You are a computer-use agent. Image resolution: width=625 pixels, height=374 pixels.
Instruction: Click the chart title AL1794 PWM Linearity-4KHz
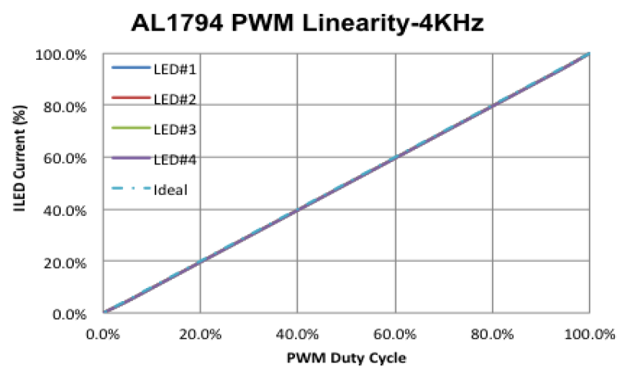(308, 24)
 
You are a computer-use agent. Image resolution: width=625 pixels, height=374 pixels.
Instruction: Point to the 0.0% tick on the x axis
(103, 333)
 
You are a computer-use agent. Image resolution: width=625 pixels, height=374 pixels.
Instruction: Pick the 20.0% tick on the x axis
(200, 333)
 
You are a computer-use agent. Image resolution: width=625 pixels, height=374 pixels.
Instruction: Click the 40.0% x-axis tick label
(298, 333)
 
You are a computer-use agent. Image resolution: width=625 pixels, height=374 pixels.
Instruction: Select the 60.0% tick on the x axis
(395, 333)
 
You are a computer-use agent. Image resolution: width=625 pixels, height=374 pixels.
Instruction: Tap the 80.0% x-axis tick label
(492, 333)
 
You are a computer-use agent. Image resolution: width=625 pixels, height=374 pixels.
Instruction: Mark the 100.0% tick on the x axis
(589, 333)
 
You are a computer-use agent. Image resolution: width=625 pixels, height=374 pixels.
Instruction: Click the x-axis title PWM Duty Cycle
(347, 358)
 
